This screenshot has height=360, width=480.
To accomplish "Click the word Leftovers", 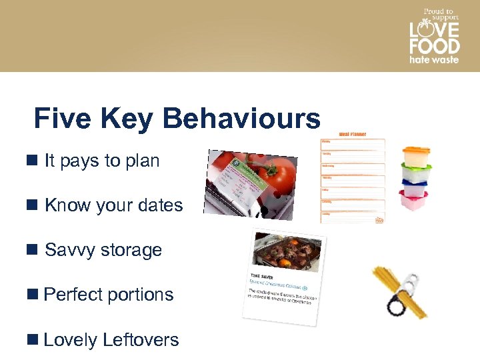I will click(141, 339).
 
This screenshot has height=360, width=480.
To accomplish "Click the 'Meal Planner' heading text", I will click(353, 135).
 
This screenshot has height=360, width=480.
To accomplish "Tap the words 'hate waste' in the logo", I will click(434, 60).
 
